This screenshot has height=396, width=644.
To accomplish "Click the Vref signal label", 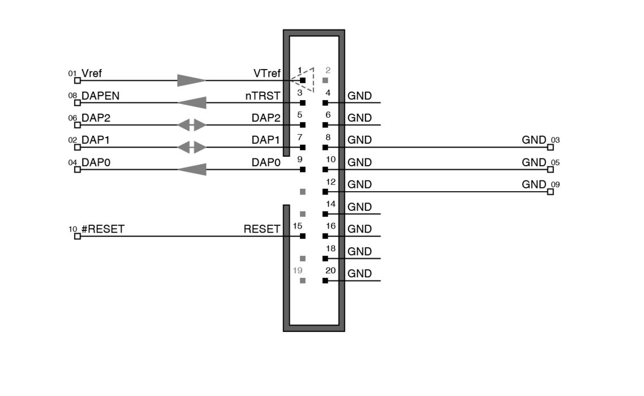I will click(92, 74).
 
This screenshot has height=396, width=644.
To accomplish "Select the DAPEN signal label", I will click(100, 96).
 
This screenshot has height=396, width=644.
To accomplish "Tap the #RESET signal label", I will click(102, 229).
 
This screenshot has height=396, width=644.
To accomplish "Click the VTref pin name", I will click(267, 74).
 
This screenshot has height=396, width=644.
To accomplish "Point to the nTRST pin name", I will click(263, 96).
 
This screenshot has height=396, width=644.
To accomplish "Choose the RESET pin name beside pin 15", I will click(261, 229).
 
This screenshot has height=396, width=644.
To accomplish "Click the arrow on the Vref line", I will click(191, 80).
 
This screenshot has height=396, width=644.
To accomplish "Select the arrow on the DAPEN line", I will click(191, 103).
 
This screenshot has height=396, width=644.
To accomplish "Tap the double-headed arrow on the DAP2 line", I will click(192, 125).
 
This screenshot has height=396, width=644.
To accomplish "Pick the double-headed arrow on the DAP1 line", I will click(192, 148).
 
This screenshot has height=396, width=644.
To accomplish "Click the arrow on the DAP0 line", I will click(191, 169).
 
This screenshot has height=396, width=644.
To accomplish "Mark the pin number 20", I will click(330, 270).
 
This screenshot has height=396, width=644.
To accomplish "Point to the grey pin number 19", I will click(298, 270).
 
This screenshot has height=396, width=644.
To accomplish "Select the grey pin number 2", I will click(328, 71).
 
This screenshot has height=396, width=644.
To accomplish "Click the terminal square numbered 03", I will click(551, 147).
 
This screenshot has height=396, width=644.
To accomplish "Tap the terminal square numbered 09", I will click(551, 192).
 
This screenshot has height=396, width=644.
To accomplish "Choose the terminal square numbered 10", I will click(78, 236).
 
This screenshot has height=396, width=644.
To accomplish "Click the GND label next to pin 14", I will click(359, 207).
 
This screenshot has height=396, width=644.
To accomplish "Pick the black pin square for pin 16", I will click(325, 236).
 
